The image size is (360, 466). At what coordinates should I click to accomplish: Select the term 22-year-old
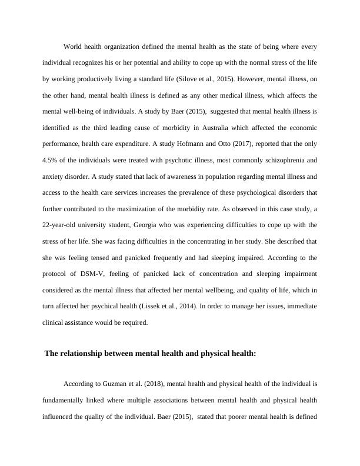[61, 224]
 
